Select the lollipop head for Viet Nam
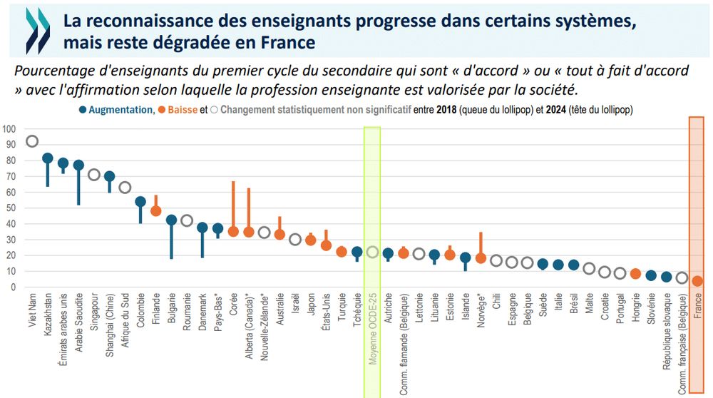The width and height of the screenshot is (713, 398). tap(32, 141)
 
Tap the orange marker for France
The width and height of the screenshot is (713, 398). tap(697, 281)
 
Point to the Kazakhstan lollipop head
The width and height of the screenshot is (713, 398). tap(48, 158)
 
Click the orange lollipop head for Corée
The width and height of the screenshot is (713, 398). tap(233, 232)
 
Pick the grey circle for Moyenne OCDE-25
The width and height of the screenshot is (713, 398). tap(372, 252)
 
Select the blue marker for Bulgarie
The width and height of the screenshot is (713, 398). tap(171, 220)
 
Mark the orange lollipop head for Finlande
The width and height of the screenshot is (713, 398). tap(156, 211)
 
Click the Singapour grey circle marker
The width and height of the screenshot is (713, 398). tap(94, 175)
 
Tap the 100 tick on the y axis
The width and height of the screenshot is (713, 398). tap(9, 129)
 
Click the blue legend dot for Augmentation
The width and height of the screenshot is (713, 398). tap(83, 110)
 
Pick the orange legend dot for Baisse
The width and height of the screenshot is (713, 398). tap(163, 110)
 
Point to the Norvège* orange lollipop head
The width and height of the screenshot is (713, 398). tap(481, 258)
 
